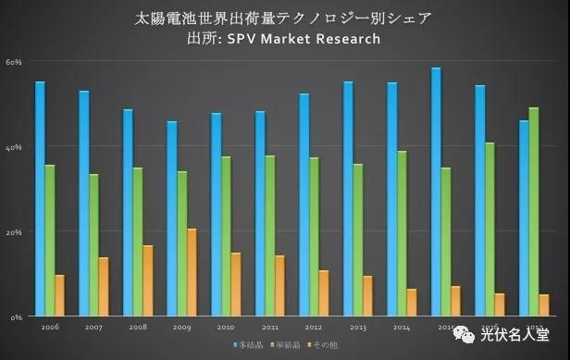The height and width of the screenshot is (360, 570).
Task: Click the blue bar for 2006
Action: [x=40, y=198]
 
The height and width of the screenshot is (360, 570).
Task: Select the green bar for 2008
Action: [x=138, y=242]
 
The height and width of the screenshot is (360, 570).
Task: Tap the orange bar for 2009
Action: [x=192, y=272]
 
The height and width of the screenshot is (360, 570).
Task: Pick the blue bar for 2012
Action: [x=304, y=205]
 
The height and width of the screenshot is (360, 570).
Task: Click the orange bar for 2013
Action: [x=367, y=295]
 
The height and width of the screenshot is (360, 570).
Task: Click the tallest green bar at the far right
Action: [x=533, y=212]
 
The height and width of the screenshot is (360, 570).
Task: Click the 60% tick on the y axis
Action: [x=14, y=62]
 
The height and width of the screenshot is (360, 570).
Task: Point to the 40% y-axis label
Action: [x=14, y=147]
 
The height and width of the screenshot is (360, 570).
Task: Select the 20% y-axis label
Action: [x=14, y=232]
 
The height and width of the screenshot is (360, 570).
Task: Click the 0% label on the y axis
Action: [x=16, y=317]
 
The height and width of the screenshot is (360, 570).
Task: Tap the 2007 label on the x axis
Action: [x=93, y=327]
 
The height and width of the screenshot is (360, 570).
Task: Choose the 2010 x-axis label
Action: [x=225, y=327]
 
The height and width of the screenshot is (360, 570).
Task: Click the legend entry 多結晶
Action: [x=246, y=344]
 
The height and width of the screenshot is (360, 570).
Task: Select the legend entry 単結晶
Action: [x=285, y=344]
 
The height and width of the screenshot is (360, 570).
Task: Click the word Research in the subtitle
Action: [x=347, y=38]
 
